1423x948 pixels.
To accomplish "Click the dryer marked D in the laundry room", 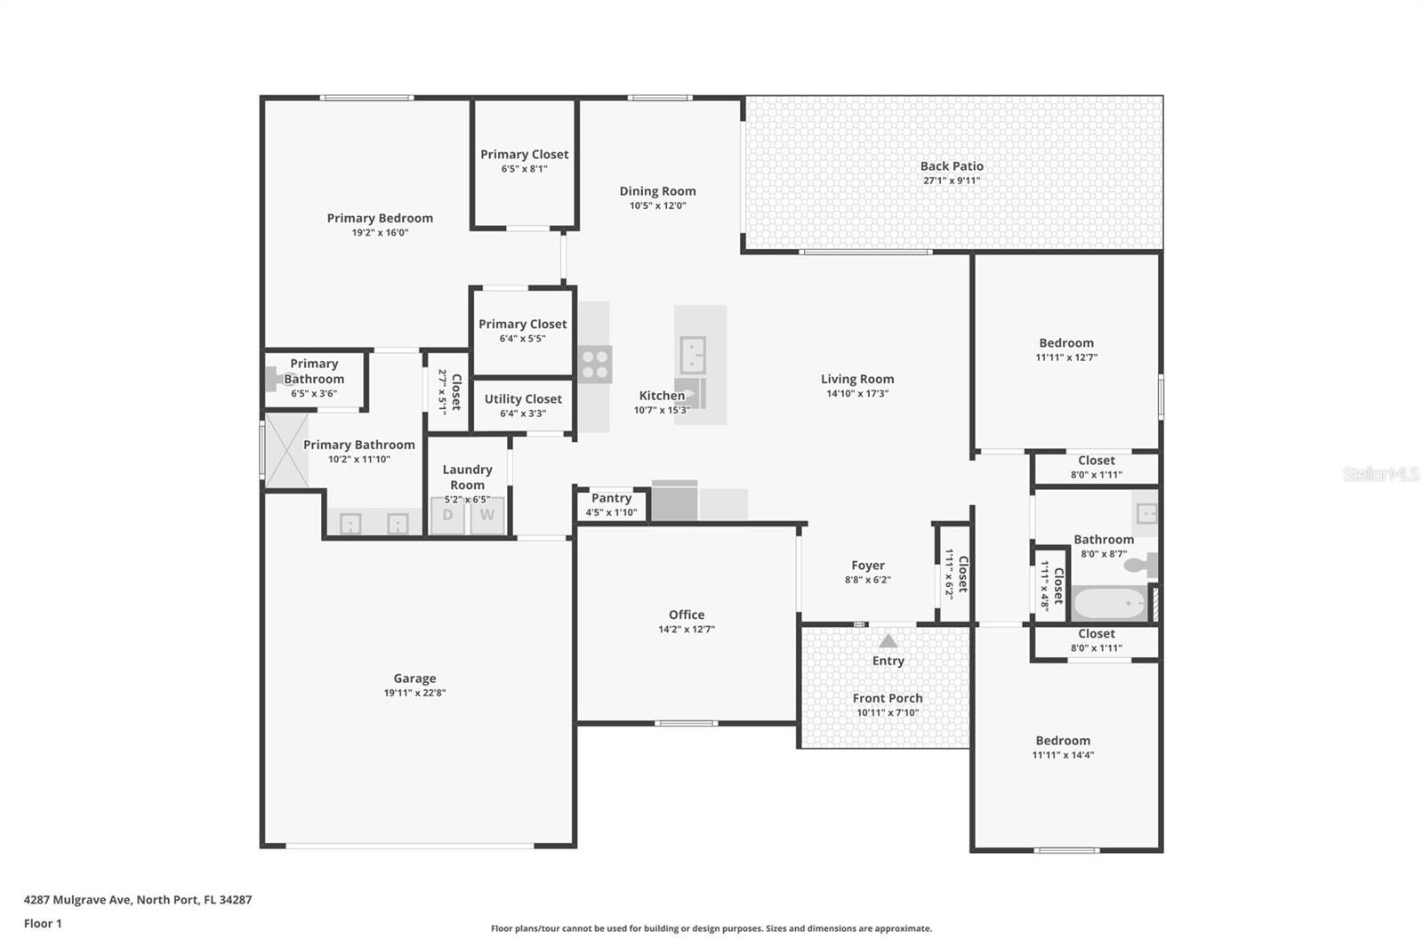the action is tap(447, 515).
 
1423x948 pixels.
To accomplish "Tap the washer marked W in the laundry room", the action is tap(487, 515).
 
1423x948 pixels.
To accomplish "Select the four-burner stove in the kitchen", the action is tap(595, 364).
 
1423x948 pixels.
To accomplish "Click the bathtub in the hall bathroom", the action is tap(1110, 602).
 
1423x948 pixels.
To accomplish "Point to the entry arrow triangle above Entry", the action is tap(888, 640).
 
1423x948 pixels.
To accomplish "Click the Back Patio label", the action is tap(952, 165).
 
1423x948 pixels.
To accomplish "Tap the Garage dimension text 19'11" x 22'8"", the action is tap(414, 693).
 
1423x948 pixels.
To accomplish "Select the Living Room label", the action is tap(857, 380).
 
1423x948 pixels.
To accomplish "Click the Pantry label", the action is tap(611, 498).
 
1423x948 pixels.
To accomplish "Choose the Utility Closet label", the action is tap(523, 399).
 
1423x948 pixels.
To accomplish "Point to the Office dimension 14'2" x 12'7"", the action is tap(686, 629).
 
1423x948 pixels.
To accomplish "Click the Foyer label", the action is tap(868, 566).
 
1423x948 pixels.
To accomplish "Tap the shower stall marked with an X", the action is tap(285, 451).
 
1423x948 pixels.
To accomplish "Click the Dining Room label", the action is tap(657, 191).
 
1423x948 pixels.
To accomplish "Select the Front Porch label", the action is tap(888, 698).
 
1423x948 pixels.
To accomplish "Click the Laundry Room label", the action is tap(468, 478).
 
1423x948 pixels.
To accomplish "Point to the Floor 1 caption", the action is tap(43, 923).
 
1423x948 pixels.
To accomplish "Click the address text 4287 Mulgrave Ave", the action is tap(78, 900).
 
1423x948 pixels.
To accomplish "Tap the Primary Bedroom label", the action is tap(380, 218).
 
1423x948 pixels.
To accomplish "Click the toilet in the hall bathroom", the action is tap(1140, 565).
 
